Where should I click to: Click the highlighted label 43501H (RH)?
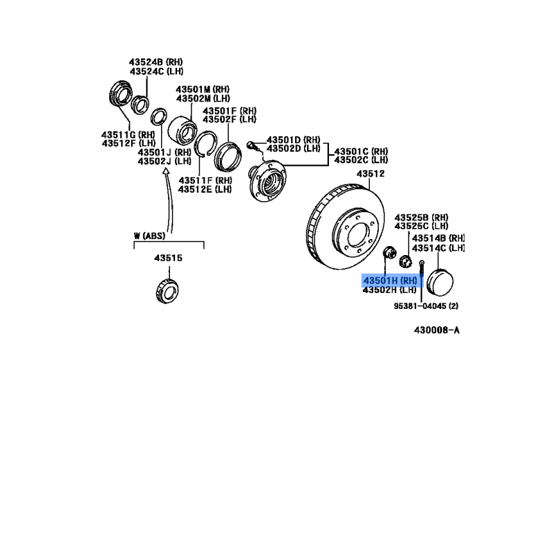pyautogui.click(x=390, y=281)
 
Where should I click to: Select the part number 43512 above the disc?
pyautogui.click(x=371, y=174)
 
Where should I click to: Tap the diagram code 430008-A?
pyautogui.click(x=437, y=330)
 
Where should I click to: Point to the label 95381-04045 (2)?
pyautogui.click(x=426, y=306)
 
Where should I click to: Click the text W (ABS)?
pyautogui.click(x=149, y=236)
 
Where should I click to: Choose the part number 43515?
pyautogui.click(x=168, y=258)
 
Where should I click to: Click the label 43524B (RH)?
pyautogui.click(x=156, y=62)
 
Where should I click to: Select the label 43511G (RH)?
pyautogui.click(x=128, y=134)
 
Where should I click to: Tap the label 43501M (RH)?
pyautogui.click(x=203, y=89)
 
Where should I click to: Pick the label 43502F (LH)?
pyautogui.click(x=229, y=119)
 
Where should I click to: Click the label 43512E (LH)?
pyautogui.click(x=205, y=189)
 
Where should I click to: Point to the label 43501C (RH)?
pyautogui.click(x=361, y=151)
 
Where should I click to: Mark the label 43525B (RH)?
pyautogui.click(x=421, y=217)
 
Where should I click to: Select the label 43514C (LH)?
pyautogui.click(x=438, y=248)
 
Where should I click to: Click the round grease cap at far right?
pyautogui.click(x=440, y=283)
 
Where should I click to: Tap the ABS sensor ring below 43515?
pyautogui.click(x=167, y=291)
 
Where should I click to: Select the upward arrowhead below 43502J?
pyautogui.click(x=166, y=171)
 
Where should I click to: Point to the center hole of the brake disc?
pyautogui.click(x=358, y=235)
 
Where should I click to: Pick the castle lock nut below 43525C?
pyautogui.click(x=406, y=262)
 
